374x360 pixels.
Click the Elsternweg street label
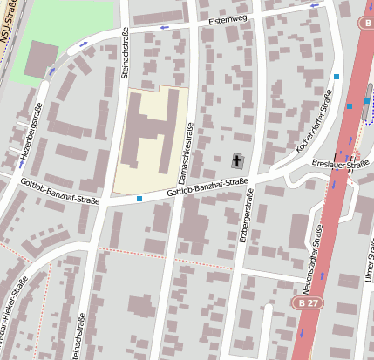[229, 17]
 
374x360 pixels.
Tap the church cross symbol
[238, 160]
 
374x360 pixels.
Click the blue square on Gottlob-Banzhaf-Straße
[139, 199]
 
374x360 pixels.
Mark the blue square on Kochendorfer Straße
[337, 77]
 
